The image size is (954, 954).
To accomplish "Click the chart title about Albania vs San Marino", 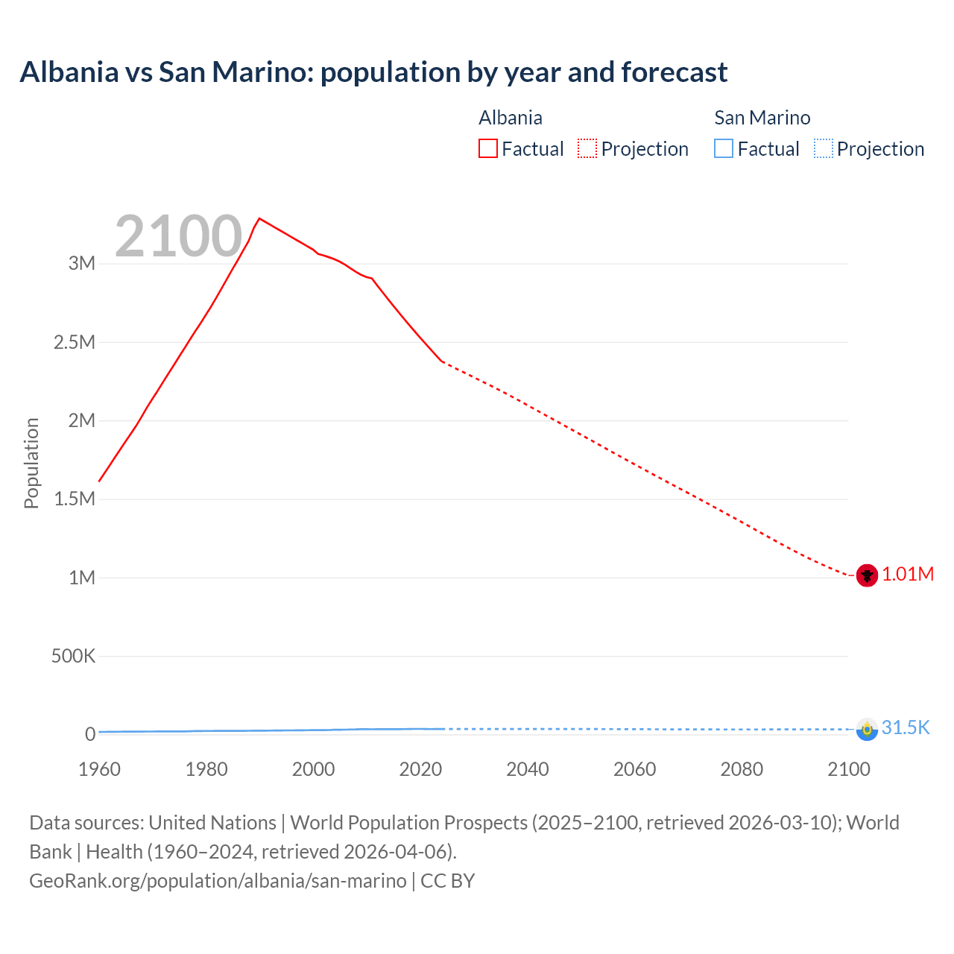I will pos(373,72).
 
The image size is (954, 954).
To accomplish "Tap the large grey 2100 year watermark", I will pos(179,236).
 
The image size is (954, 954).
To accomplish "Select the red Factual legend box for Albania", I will pos(487,149).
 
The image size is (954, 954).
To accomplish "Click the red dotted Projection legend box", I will pos(587,149).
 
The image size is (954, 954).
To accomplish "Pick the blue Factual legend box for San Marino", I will pos(724,149).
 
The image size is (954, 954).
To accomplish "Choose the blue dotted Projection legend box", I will pos(823,149).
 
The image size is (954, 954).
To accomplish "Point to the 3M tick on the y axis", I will pos(82,263).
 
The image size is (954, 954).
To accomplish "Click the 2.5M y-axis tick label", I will pos(75,342).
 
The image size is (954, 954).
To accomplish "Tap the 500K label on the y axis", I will pos(73,657).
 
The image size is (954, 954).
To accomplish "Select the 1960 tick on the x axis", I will pos(99,769).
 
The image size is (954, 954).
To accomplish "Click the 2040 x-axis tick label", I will pos(528,769).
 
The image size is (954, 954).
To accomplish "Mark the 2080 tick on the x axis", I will pos(742,769).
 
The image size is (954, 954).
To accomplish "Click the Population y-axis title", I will pos(31,463).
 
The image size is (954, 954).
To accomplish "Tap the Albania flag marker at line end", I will pos(867,575).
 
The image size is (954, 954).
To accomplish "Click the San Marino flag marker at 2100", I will pos(867,729).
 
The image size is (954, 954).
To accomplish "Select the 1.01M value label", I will pos(908,575).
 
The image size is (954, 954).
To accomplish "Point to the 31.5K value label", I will pos(906,728).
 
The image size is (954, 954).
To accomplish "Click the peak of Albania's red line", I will pos(259,218).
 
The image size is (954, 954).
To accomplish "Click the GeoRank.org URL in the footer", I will pos(218,881).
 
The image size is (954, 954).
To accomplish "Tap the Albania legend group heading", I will pos(511,118).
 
